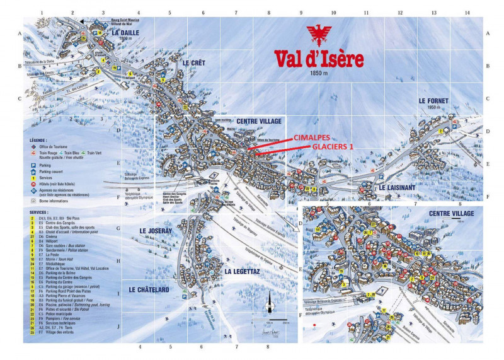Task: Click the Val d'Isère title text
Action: pyautogui.click(x=319, y=59)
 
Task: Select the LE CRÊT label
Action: pyautogui.click(x=195, y=63)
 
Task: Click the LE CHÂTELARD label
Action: pyautogui.click(x=149, y=290)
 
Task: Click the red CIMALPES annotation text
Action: pyautogui.click(x=311, y=137)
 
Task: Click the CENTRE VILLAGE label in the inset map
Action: pyautogui.click(x=450, y=213)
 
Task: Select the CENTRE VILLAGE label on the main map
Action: pyautogui.click(x=259, y=120)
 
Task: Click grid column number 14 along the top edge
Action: pyautogui.click(x=467, y=12)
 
